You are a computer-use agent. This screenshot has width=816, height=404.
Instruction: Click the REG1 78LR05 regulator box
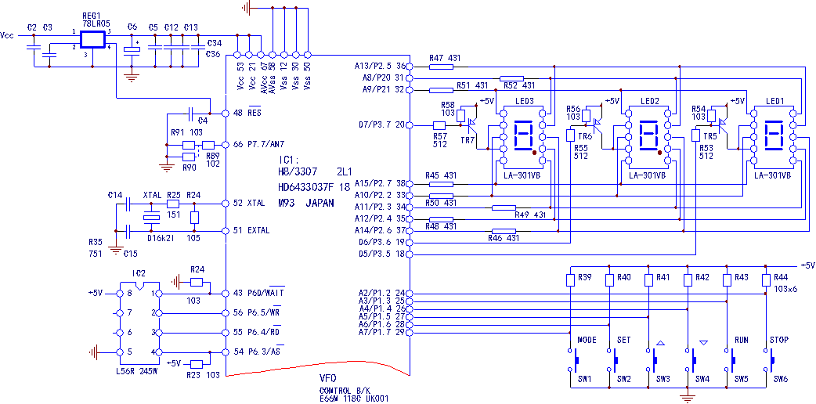pos(92,40)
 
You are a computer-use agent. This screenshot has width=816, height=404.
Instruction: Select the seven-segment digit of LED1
pos(774,135)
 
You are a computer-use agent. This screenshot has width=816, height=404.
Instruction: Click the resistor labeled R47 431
pos(442,66)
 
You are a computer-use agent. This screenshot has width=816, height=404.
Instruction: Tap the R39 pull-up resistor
pos(571,280)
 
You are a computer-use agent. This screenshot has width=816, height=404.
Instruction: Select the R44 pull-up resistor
pos(766,280)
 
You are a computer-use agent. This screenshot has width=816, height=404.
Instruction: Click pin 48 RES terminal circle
pos(226,114)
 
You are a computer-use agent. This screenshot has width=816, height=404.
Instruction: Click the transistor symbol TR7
pos(472,124)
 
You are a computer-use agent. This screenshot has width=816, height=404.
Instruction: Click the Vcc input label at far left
pos(7,35)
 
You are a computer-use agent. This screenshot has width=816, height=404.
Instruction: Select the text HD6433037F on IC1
pos(307,186)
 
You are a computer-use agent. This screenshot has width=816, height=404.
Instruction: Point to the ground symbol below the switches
pos(688,398)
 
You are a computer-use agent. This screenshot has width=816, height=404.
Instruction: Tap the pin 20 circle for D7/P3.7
pos(409,125)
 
